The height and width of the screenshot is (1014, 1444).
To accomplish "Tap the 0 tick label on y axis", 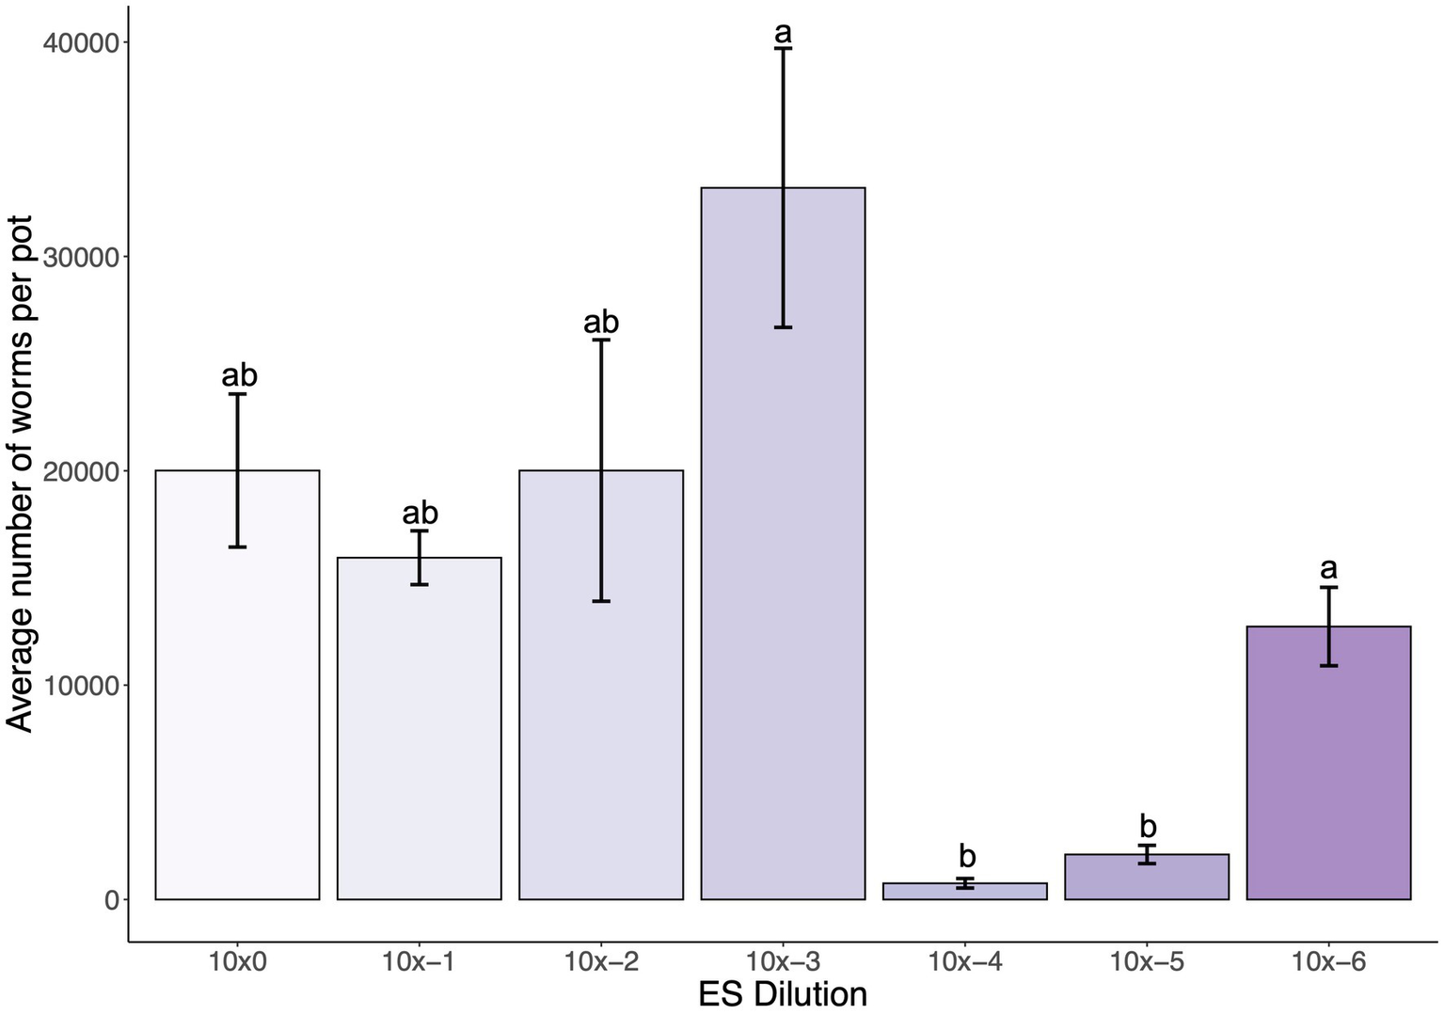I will [x=112, y=900].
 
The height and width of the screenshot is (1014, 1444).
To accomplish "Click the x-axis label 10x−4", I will [x=965, y=962].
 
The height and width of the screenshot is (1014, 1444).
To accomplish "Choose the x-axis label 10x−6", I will [x=1328, y=962].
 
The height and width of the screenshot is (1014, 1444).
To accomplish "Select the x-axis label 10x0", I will [x=237, y=962].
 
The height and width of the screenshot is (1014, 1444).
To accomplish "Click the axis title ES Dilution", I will [x=783, y=994].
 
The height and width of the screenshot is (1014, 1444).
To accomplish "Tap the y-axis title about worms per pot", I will [x=21, y=473].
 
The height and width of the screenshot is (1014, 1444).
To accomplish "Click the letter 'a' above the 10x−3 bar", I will [x=783, y=33].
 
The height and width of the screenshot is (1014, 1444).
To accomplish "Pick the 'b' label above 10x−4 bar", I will [x=967, y=857].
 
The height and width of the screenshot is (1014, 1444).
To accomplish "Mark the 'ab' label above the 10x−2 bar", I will [x=601, y=323].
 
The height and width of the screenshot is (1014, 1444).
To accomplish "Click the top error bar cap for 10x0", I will [x=237, y=394].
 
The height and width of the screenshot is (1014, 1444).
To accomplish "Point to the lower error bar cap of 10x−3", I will [x=783, y=327].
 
